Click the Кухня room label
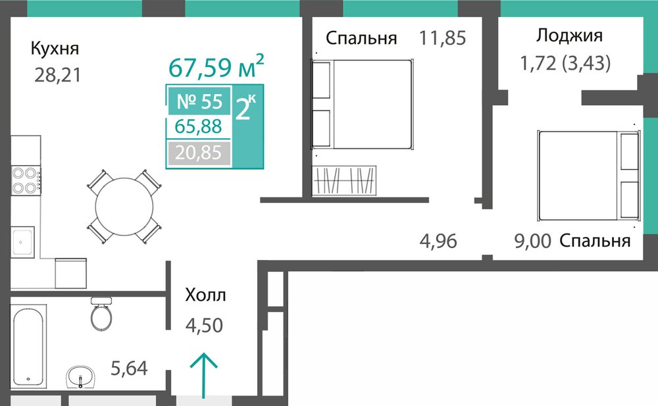tap(55, 49)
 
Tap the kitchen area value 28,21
tap(57, 75)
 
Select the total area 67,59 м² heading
tap(216, 66)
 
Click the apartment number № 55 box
tap(199, 101)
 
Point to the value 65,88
tap(198, 126)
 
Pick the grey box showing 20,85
tap(199, 153)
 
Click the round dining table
tap(124, 207)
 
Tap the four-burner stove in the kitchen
tap(26, 180)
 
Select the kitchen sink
tap(22, 242)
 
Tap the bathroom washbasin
tap(80, 376)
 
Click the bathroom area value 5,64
tap(129, 368)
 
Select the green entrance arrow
tap(203, 375)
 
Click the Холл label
tap(205, 295)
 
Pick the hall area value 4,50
tap(205, 325)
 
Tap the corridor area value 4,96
tap(438, 241)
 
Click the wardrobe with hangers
tap(344, 180)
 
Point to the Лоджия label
tap(569, 36)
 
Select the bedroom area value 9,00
tap(533, 241)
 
